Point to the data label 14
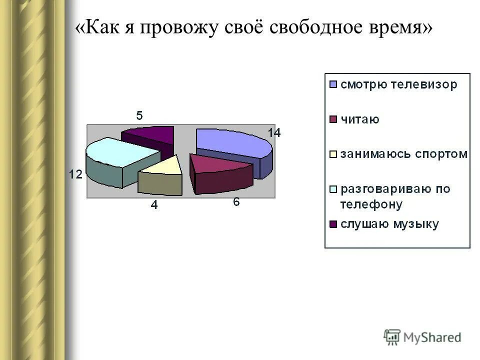pos(274,133)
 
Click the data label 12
pos(75,174)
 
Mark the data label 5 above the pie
pos(139,116)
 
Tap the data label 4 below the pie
pos(154,205)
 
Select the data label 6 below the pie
pos(236,202)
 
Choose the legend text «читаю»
pos(360,119)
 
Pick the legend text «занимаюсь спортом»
pos(404,154)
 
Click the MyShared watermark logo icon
pos(392,337)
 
